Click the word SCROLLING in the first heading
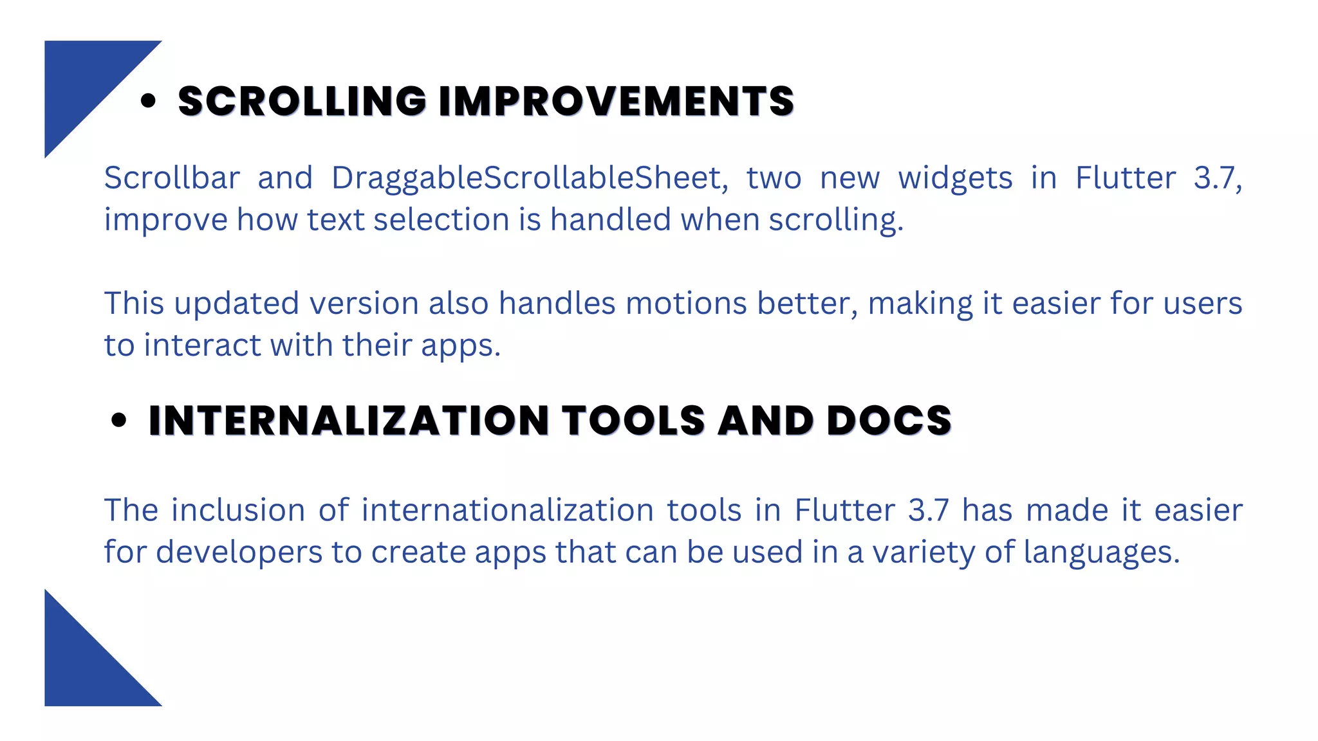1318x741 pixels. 302,102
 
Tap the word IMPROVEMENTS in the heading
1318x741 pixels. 616,102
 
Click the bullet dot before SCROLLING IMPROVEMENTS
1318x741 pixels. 148,101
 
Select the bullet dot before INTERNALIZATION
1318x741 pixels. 119,420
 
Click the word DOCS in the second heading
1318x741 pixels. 888,421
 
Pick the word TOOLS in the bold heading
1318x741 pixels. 634,421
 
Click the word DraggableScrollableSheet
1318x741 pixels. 526,178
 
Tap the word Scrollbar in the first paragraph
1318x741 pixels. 172,178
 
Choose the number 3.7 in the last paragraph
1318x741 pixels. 928,511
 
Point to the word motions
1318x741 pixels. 685,304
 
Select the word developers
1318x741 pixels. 239,553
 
